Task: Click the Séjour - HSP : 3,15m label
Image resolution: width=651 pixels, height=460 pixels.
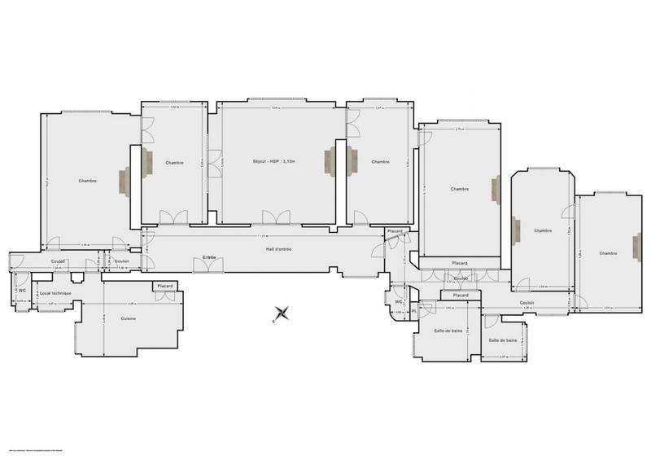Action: click(273, 162)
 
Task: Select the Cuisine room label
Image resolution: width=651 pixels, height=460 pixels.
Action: click(128, 318)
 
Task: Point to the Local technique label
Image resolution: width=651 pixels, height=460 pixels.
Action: click(56, 292)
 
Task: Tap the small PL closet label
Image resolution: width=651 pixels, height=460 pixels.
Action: click(413, 311)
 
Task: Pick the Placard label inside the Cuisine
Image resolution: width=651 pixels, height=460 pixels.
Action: click(165, 286)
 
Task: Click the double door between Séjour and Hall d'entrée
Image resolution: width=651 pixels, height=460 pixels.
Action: click(275, 217)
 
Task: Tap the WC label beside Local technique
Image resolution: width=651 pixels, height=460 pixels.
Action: click(22, 290)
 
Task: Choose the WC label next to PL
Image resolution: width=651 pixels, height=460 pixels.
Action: click(399, 301)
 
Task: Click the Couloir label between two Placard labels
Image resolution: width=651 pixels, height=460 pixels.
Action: click(460, 278)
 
